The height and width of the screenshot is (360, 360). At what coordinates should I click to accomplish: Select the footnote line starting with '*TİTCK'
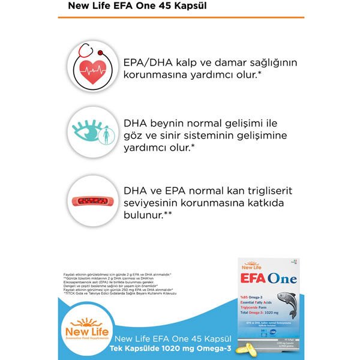(114, 293)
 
